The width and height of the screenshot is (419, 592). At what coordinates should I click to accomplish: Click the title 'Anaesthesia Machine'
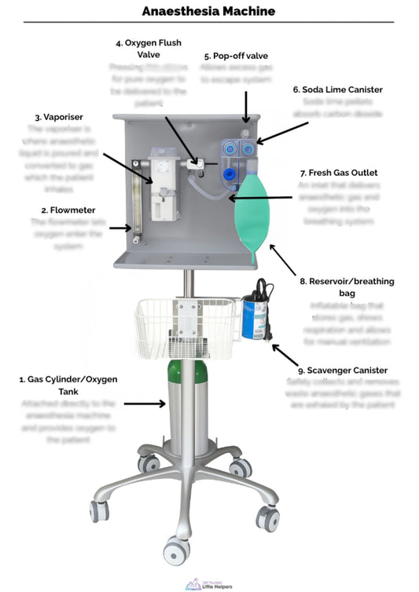pyautogui.click(x=209, y=11)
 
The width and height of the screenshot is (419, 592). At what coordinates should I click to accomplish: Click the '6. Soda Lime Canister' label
pyautogui.click(x=337, y=90)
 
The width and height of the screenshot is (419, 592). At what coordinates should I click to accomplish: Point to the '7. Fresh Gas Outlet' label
pyautogui.click(x=338, y=172)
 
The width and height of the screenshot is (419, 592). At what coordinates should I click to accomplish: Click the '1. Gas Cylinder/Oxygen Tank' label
pyautogui.click(x=68, y=385)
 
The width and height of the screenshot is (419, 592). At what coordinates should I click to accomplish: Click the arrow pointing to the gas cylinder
pyautogui.click(x=144, y=404)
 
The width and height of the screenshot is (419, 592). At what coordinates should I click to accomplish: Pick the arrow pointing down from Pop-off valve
pyautogui.click(x=246, y=105)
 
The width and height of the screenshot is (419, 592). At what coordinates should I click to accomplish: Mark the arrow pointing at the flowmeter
pyautogui.click(x=120, y=228)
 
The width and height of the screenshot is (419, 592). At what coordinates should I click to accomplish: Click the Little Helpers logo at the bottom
pyautogui.click(x=209, y=583)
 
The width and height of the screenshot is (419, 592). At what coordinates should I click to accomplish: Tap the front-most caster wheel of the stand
pyautogui.click(x=177, y=548)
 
